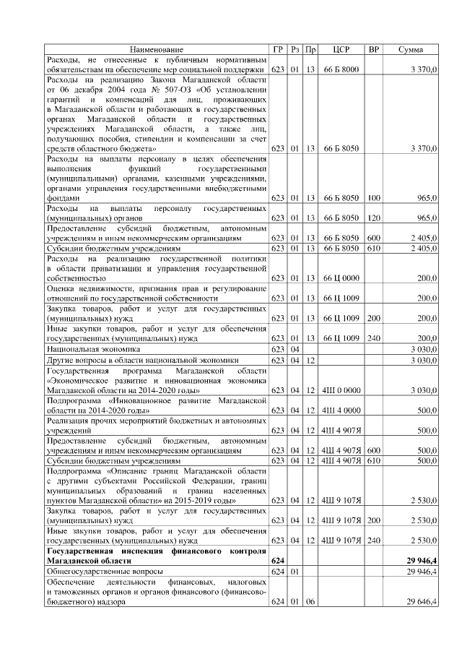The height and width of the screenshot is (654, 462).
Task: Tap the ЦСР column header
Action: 341,49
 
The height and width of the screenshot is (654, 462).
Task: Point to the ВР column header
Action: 373,49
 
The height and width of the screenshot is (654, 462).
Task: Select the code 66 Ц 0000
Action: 341,277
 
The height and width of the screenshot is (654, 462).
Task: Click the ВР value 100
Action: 373,197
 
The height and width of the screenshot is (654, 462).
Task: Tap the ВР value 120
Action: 373,217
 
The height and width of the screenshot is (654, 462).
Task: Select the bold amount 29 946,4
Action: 422,559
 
